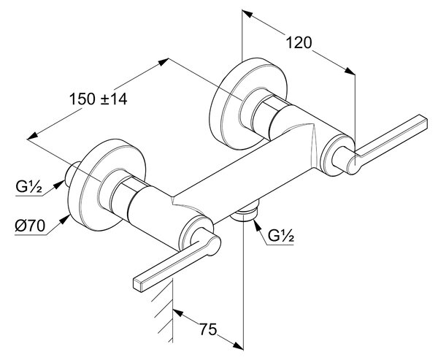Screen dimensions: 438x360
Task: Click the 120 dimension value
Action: click(299, 43)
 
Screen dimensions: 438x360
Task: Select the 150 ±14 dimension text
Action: click(98, 99)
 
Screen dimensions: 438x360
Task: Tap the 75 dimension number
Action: click(208, 329)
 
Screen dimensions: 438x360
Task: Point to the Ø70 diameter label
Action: click(30, 226)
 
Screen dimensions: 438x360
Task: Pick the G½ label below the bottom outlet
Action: click(281, 236)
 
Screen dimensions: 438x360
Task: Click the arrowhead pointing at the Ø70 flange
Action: click(65, 218)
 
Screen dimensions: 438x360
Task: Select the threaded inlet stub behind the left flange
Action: click(72, 174)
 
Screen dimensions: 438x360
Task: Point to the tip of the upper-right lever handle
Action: click(424, 122)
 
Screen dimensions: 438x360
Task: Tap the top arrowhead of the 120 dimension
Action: click(247, 14)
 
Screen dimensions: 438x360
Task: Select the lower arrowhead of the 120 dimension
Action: click(350, 70)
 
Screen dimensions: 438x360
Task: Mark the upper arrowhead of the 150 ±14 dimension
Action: click(163, 62)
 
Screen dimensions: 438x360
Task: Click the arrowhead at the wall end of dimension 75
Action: click(178, 313)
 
